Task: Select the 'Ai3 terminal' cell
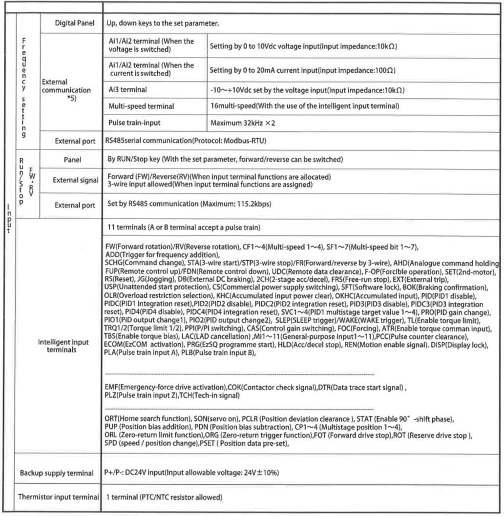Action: click(x=127, y=90)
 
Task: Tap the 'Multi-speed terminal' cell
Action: click(x=139, y=106)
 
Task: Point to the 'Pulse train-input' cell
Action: click(x=134, y=123)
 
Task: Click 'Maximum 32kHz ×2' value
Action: click(x=242, y=123)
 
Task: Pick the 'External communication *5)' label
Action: click(x=66, y=90)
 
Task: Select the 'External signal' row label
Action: click(x=75, y=181)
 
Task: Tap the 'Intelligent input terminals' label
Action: click(x=63, y=346)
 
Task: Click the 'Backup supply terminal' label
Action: click(x=56, y=473)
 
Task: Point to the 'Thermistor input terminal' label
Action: click(x=58, y=497)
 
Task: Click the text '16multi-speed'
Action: click(x=231, y=106)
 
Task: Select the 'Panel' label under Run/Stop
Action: click(x=72, y=160)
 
